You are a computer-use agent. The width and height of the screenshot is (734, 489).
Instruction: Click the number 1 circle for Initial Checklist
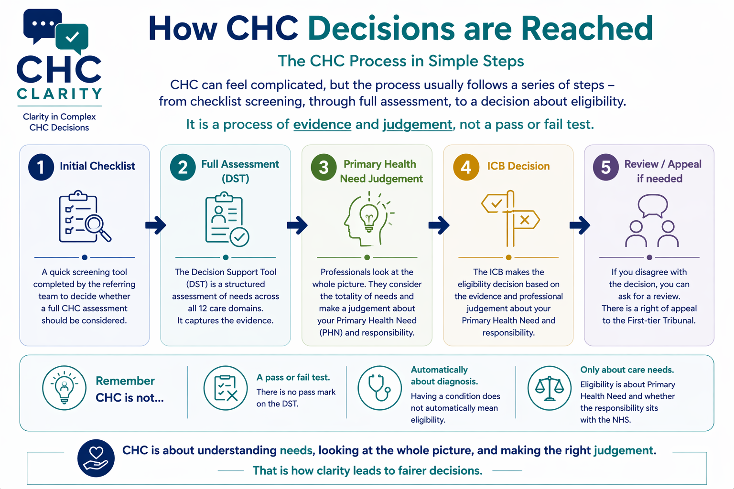point(41,167)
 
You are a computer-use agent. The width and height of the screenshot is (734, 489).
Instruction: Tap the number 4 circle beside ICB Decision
point(466,167)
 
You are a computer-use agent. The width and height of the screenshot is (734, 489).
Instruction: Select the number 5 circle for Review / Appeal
point(606,167)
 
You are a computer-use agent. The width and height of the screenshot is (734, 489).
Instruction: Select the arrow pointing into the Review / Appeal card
point(579,225)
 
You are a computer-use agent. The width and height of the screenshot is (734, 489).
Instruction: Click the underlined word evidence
point(322,125)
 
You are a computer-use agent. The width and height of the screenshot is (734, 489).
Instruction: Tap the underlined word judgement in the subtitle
point(417,125)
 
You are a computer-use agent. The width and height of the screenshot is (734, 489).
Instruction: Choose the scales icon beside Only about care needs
point(549,388)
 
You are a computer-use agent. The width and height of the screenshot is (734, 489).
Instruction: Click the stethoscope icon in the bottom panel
point(379,388)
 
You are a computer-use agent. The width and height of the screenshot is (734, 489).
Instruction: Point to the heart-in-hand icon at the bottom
point(96,458)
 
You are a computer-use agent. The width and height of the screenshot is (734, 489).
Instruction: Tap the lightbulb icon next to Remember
point(64,388)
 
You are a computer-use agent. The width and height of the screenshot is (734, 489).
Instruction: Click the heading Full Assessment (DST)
point(239,171)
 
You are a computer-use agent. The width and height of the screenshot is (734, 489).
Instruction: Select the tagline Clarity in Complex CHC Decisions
point(59,122)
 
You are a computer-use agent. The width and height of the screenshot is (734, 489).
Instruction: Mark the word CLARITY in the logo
point(59,94)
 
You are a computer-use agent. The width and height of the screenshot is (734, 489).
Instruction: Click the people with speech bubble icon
point(652,221)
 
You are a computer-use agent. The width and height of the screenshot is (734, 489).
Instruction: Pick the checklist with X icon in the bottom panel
point(226,388)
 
